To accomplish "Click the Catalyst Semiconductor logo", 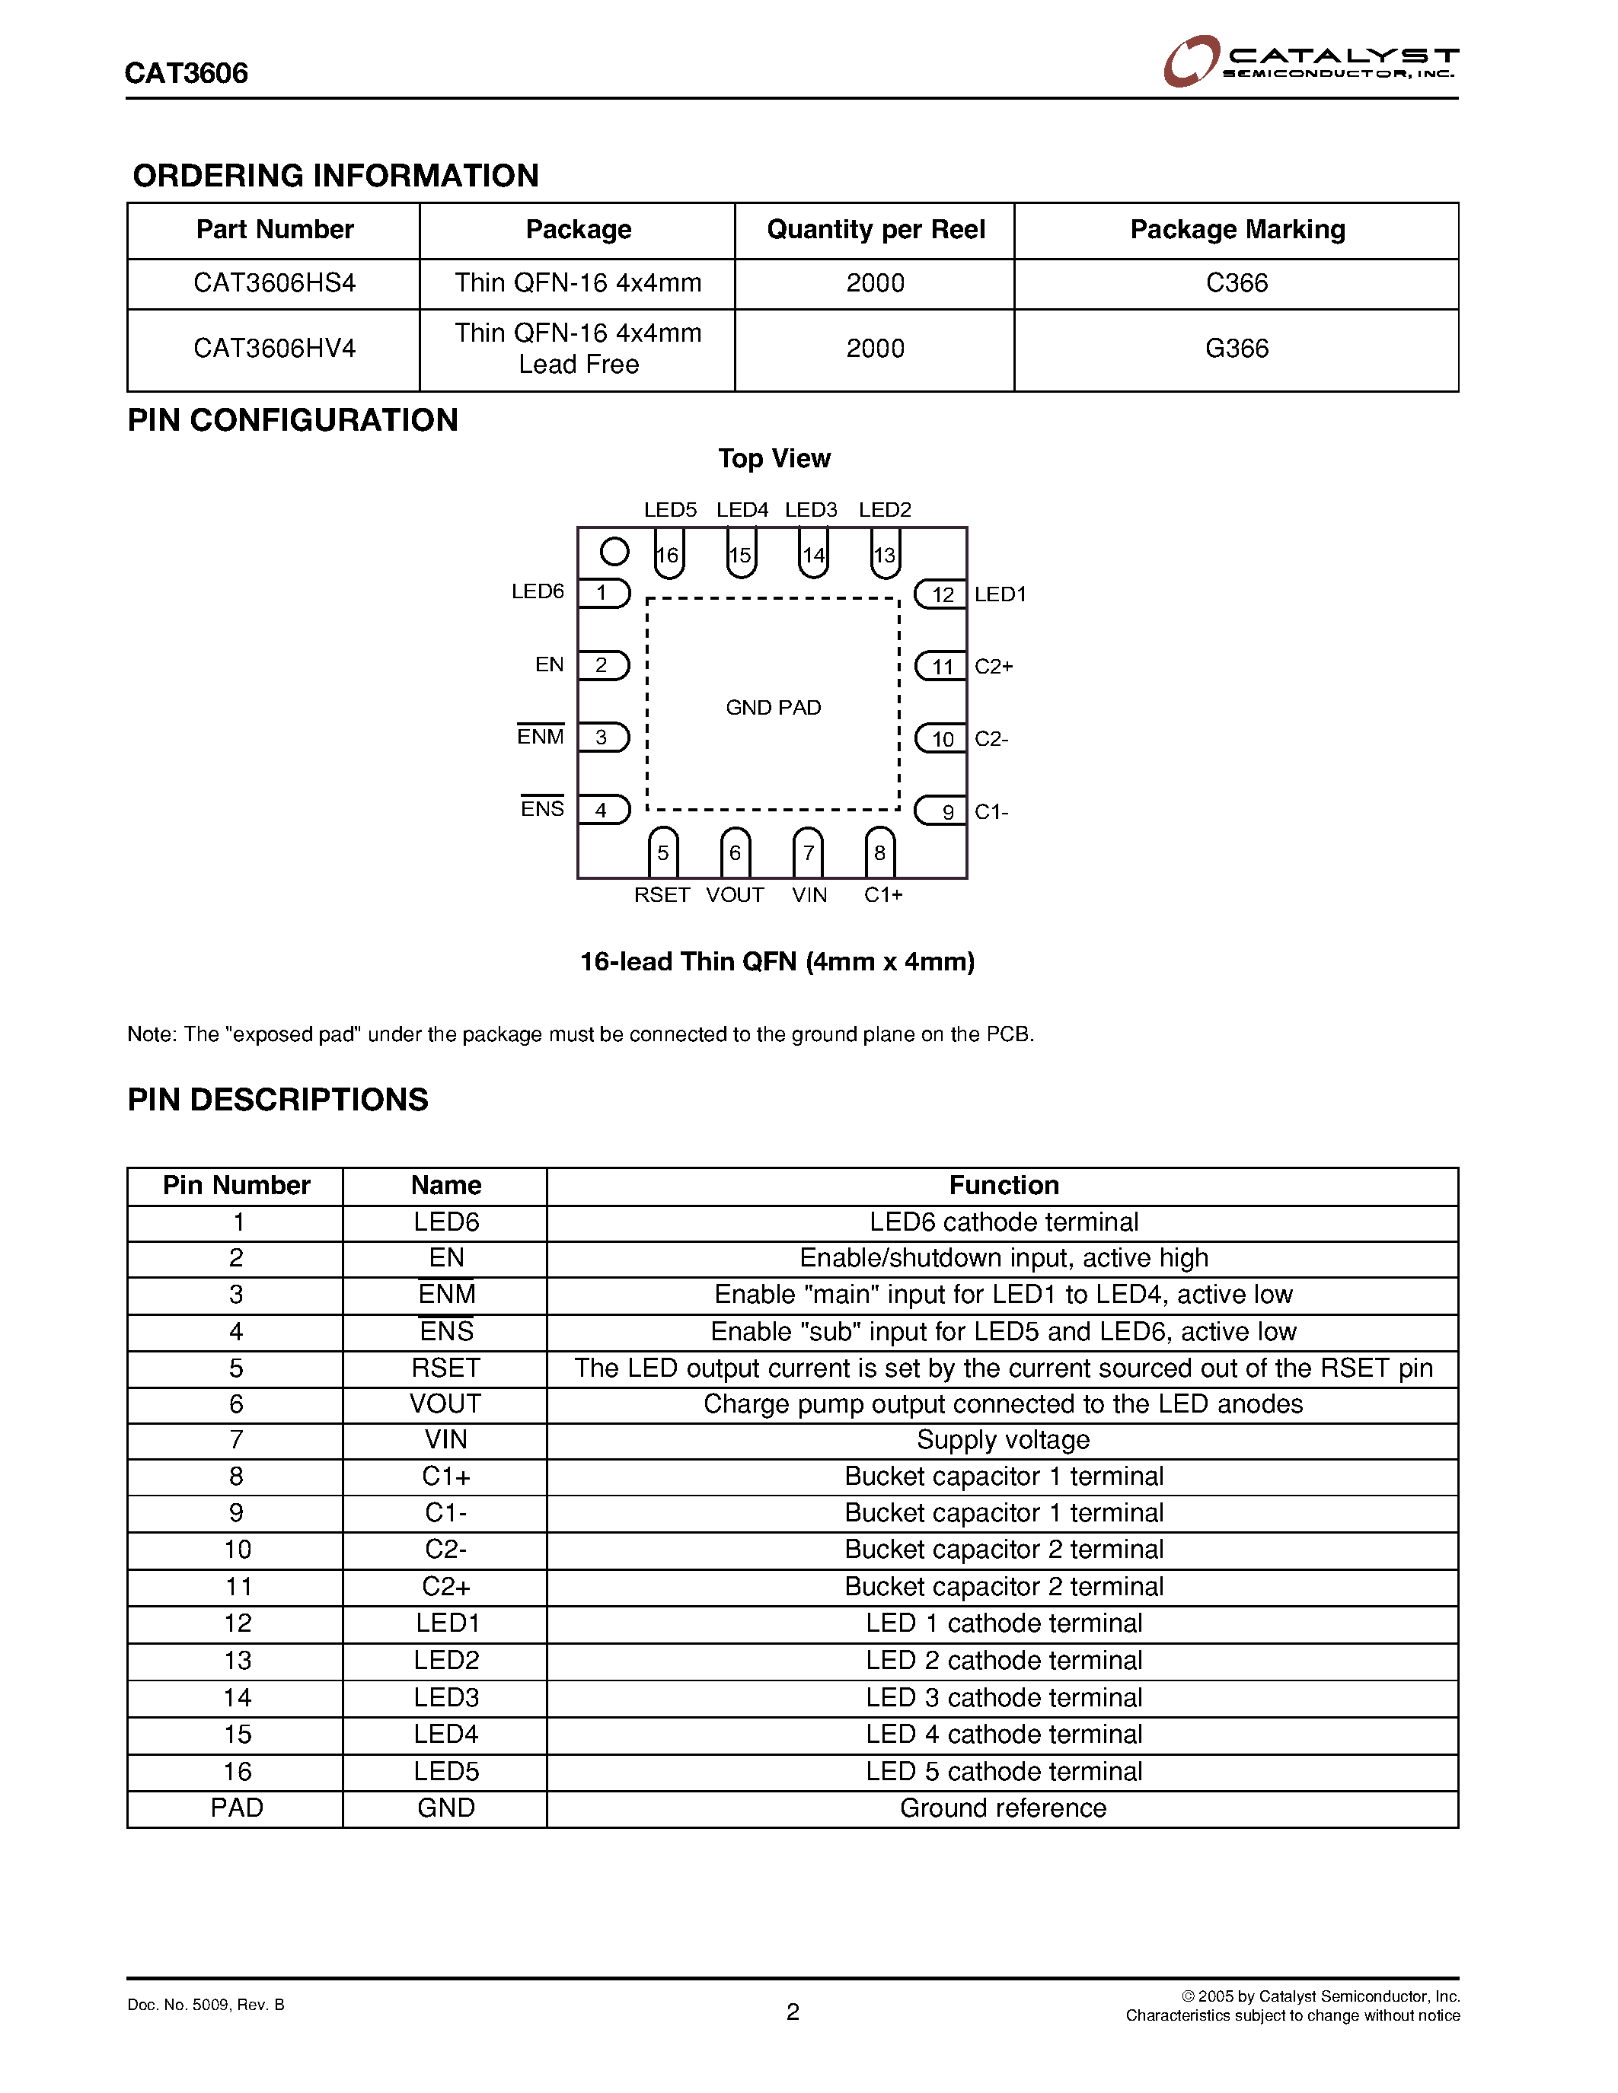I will tap(1310, 62).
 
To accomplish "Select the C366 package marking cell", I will tap(1237, 284).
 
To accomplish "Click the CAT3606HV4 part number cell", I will tap(274, 349).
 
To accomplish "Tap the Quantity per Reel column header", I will tap(875, 230).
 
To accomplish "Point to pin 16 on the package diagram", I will tap(668, 555).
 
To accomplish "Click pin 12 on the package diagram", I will tap(942, 594).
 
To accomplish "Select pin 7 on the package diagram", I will tap(808, 852).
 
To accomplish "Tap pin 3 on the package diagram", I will tap(602, 737).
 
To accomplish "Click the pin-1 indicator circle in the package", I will tap(614, 552).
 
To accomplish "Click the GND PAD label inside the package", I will tap(774, 707).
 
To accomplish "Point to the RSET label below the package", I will tap(662, 895).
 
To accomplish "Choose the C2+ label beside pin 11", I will tap(994, 667).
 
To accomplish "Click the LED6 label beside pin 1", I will tap(538, 592).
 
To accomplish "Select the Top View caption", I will tap(774, 459).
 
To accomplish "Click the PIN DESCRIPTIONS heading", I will tap(278, 1101).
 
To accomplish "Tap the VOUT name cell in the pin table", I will tap(445, 1404).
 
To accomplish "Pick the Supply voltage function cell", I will tap(1003, 1441).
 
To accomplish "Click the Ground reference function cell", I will tap(1003, 1808).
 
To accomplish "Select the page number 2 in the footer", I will tap(793, 2012).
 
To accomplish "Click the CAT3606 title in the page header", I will tap(187, 74).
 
